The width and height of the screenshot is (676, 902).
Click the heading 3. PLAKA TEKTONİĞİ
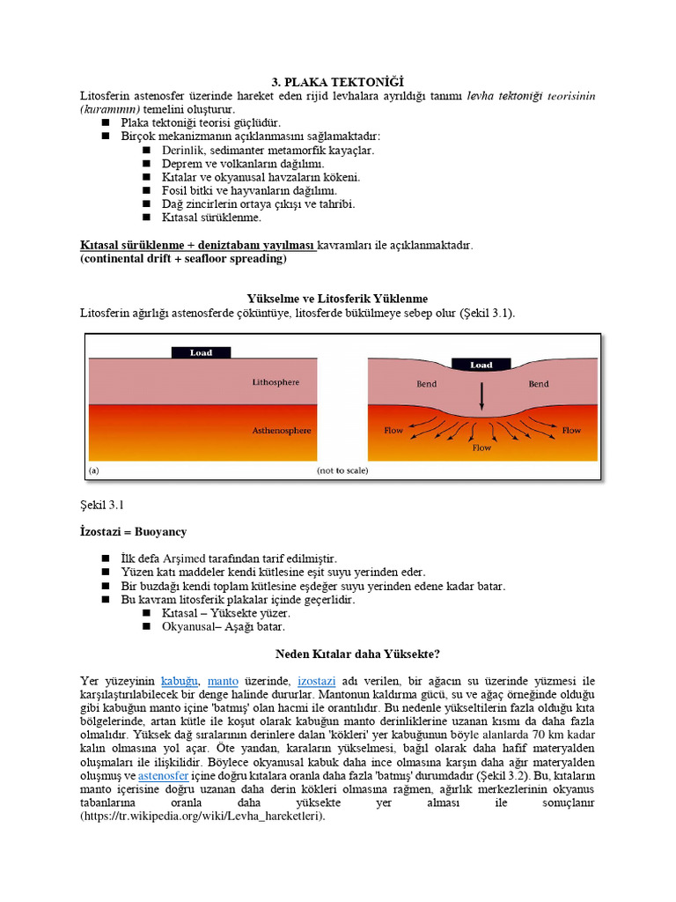pyautogui.click(x=338, y=82)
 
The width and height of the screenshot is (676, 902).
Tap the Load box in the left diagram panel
pyautogui.click(x=201, y=352)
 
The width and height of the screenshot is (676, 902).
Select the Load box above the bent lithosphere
pyautogui.click(x=481, y=364)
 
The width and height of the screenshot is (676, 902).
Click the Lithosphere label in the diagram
pyautogui.click(x=276, y=382)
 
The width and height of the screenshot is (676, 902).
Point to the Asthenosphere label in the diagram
pyautogui.click(x=282, y=431)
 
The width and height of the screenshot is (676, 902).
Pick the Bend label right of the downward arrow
pyautogui.click(x=538, y=384)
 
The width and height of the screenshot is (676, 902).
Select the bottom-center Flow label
pyautogui.click(x=481, y=447)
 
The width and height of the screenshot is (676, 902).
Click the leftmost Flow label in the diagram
pyautogui.click(x=393, y=431)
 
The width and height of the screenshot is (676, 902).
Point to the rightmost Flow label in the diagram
pyautogui.click(x=571, y=431)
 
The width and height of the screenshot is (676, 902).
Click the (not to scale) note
pyautogui.click(x=342, y=471)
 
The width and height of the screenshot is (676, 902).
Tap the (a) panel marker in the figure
pyautogui.click(x=93, y=471)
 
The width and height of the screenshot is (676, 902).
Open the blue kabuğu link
pyautogui.click(x=180, y=681)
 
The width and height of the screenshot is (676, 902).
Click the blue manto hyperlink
pyautogui.click(x=223, y=681)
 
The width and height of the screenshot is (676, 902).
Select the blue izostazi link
pyautogui.click(x=315, y=681)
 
